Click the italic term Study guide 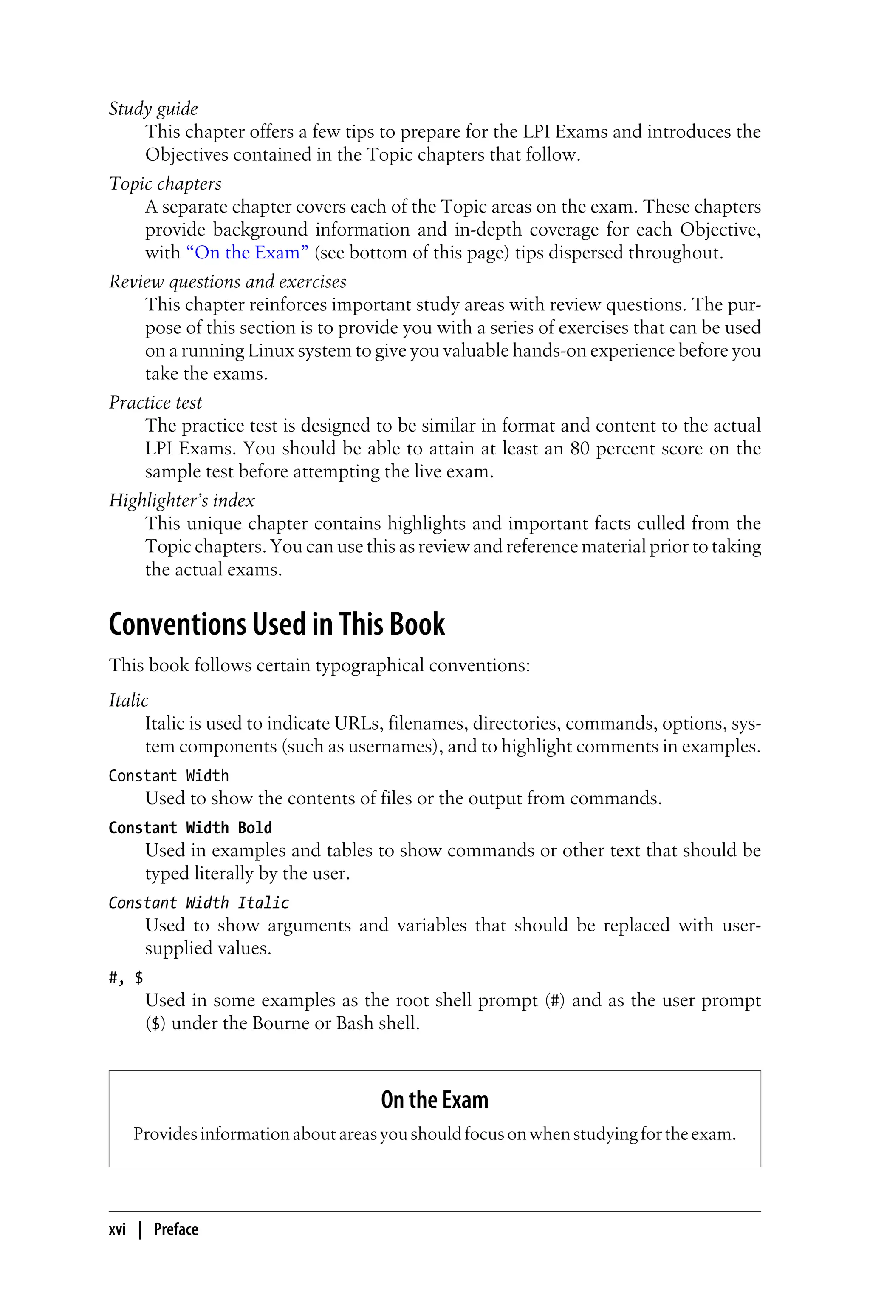[x=153, y=109]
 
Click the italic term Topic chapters [x=165, y=184]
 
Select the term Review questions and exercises [x=228, y=282]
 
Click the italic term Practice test [x=155, y=403]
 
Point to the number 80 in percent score [x=579, y=449]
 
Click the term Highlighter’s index [x=181, y=501]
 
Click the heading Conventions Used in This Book [x=276, y=624]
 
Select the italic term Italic [x=128, y=701]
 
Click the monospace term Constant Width [x=169, y=776]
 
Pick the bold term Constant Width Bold [x=190, y=828]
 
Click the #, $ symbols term [x=125, y=978]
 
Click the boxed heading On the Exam [x=435, y=1100]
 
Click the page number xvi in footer [x=117, y=1229]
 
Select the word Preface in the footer [x=176, y=1229]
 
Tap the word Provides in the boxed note [x=165, y=1134]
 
